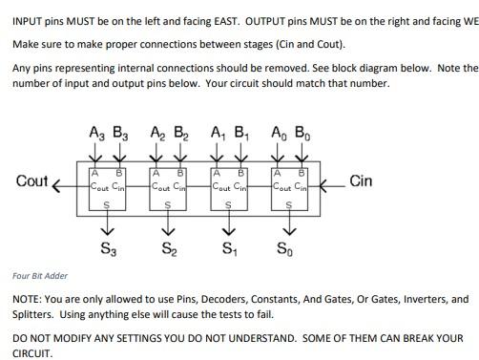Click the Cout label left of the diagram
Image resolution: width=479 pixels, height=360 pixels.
32,181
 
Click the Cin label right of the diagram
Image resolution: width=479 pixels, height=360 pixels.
361,180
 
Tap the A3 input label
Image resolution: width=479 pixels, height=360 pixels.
94,134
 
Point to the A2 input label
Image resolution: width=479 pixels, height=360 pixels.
156,134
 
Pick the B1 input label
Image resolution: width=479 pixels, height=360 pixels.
241,134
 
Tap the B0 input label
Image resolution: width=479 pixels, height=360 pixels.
302,134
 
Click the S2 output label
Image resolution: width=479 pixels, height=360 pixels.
168,250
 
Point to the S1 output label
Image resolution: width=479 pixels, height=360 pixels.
228,250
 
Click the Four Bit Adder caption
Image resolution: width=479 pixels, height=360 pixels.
40,276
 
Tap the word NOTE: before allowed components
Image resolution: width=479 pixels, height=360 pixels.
30,299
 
